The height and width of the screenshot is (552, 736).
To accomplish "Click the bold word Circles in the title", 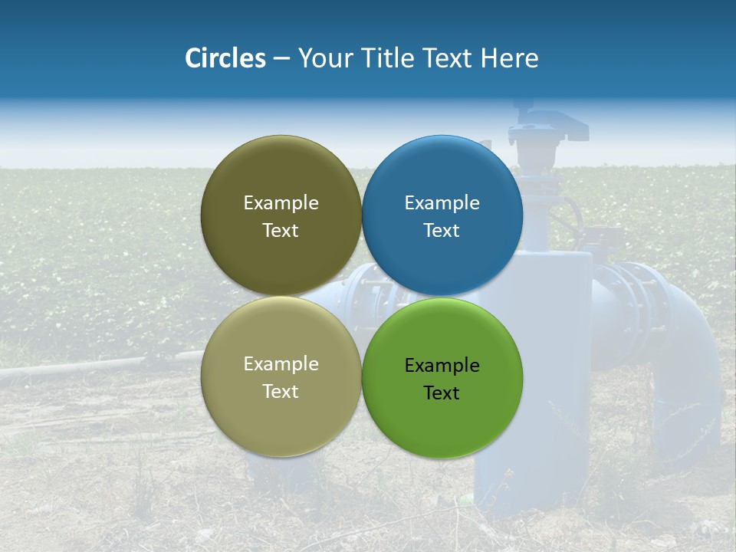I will [x=225, y=58].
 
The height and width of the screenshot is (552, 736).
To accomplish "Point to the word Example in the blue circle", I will [x=442, y=203].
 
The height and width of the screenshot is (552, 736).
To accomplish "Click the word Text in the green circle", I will [x=442, y=393].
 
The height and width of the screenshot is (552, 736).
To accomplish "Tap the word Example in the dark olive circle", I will [x=281, y=203].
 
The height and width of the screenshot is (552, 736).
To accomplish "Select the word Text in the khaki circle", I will [x=281, y=391].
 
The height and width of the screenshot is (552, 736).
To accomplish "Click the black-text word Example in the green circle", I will [x=442, y=366].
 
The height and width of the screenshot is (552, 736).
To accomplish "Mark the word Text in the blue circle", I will [x=442, y=230].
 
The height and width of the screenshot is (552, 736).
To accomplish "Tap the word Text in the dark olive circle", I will [x=281, y=230].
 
